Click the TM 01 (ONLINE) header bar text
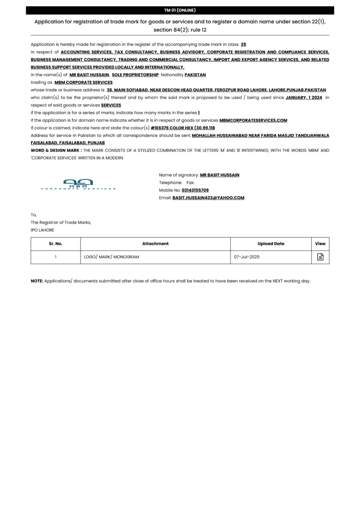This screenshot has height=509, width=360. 180,10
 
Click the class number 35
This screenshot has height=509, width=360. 243,44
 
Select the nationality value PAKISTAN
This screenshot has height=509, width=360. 195,75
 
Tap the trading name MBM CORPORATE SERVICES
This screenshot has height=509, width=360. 84,82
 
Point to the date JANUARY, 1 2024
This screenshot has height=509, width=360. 304,97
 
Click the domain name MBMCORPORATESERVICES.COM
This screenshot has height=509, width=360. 253,120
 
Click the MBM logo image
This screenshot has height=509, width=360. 78,184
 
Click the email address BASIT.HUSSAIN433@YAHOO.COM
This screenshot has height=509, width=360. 208,197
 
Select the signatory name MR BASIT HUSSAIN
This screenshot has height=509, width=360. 219,175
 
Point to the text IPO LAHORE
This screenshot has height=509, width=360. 43,230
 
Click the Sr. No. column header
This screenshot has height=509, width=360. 56,244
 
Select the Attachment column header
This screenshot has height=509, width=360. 155,244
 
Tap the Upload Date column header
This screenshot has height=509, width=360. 271,244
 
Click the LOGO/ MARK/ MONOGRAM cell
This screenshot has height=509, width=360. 111,257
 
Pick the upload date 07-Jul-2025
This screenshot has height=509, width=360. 247,257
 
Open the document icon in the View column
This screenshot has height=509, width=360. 320,257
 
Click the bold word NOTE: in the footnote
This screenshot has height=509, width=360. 37,281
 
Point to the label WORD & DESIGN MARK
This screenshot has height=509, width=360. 56,150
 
